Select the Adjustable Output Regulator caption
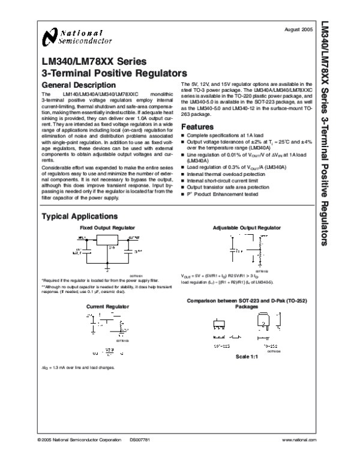point(247,228)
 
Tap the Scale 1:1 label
point(247,357)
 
